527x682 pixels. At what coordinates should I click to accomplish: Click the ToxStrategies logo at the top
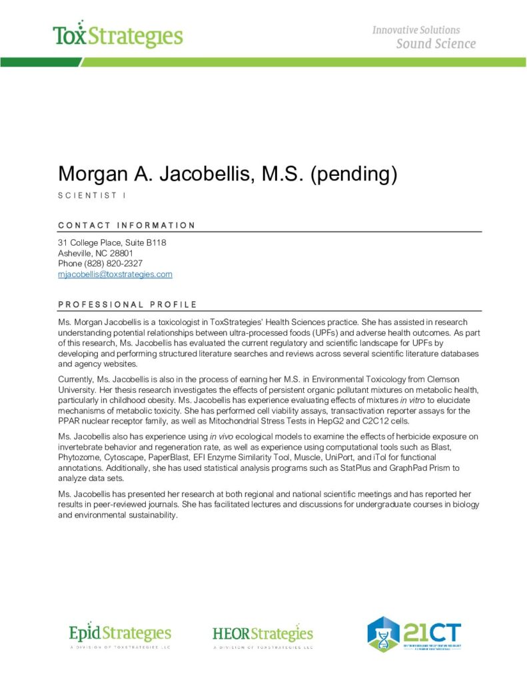point(118,35)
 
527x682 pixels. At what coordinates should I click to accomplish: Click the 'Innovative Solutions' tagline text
point(416,30)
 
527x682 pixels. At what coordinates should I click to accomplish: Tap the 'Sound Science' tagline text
point(436,44)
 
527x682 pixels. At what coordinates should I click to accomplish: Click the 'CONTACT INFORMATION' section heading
point(127,225)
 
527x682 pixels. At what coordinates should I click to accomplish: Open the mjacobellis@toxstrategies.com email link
point(115,274)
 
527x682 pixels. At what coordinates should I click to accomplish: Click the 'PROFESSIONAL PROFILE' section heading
point(127,304)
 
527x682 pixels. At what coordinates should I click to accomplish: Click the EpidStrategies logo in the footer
point(120,634)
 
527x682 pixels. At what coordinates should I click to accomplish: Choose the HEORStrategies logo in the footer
point(263,634)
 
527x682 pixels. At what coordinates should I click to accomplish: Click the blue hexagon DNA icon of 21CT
point(384,634)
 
